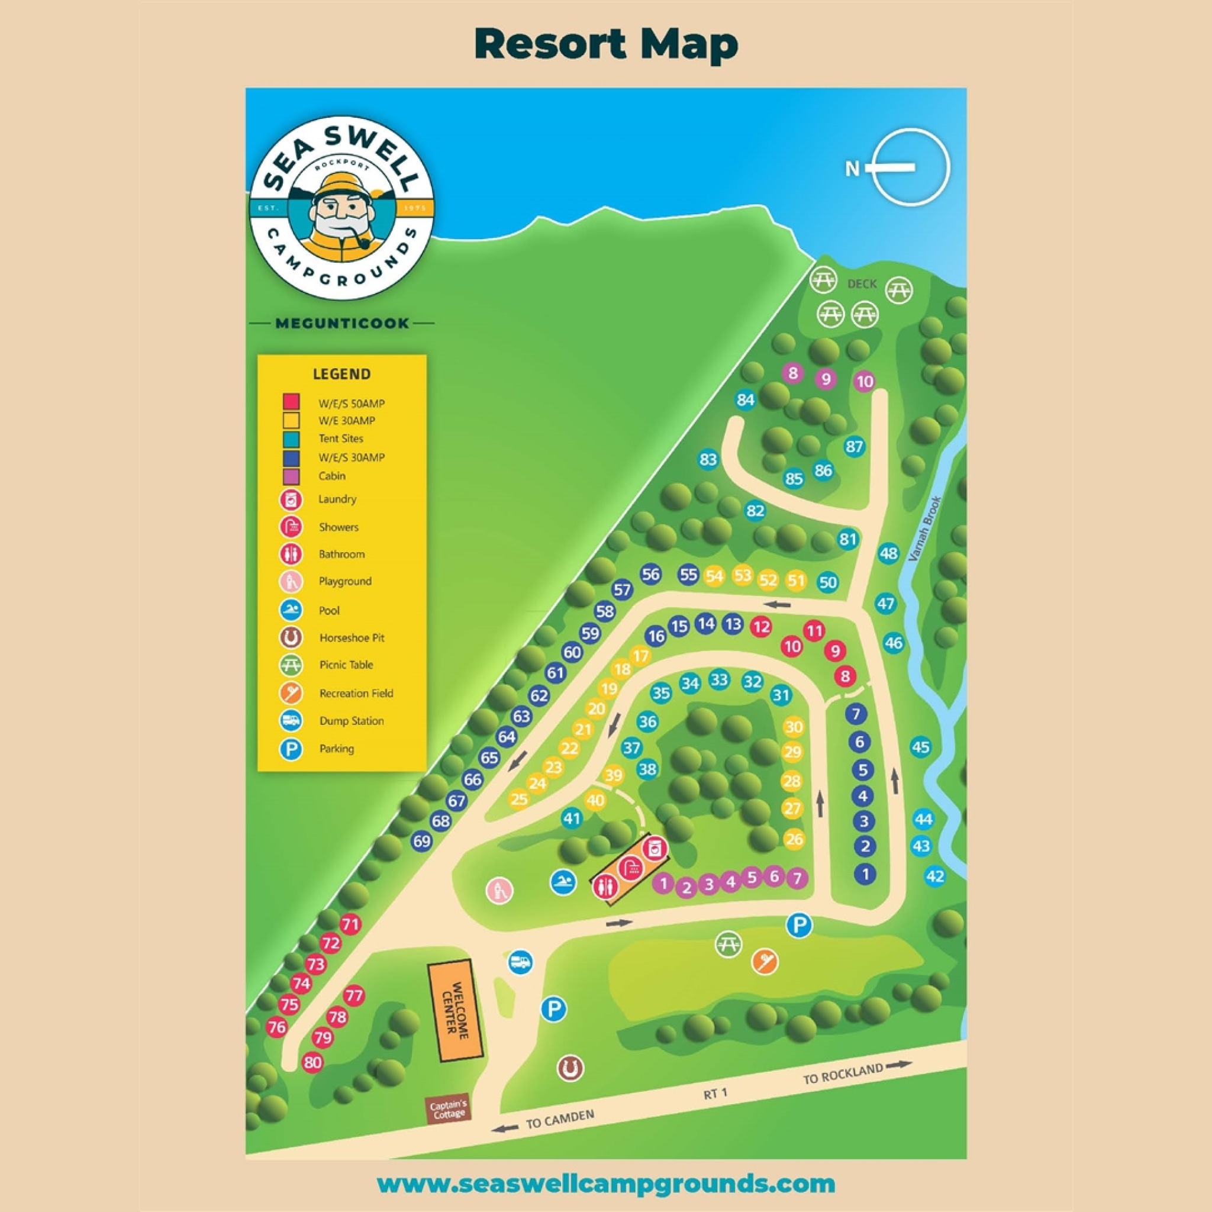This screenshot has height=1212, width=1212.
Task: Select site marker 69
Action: tap(422, 842)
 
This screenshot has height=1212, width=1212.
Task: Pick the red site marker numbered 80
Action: tap(312, 1062)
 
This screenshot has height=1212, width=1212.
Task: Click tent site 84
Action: tap(745, 399)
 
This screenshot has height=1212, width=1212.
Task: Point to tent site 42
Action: tap(934, 876)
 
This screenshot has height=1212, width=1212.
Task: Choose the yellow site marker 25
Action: tap(519, 799)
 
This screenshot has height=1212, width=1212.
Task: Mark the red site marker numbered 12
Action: tap(761, 626)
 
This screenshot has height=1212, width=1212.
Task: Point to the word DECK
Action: tap(861, 283)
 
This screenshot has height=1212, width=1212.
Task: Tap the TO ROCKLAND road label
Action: tap(844, 1075)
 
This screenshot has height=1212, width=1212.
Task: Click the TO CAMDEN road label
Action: tap(560, 1118)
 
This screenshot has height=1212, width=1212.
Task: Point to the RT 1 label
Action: tap(715, 1094)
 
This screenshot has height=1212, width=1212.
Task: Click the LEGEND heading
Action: tap(341, 374)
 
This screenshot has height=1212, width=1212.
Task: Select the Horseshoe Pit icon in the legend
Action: tap(291, 637)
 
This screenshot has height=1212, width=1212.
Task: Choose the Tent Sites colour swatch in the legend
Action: tap(291, 439)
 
